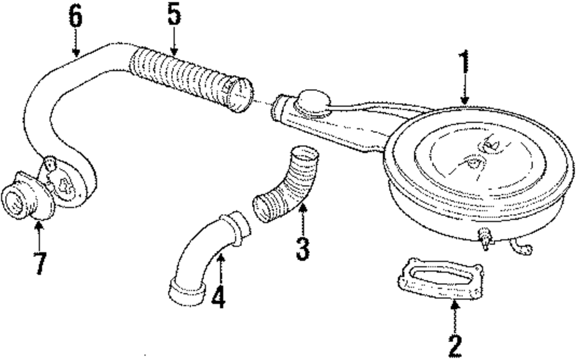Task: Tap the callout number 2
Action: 455,345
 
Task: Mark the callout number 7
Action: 39,263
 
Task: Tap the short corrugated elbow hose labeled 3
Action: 286,185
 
